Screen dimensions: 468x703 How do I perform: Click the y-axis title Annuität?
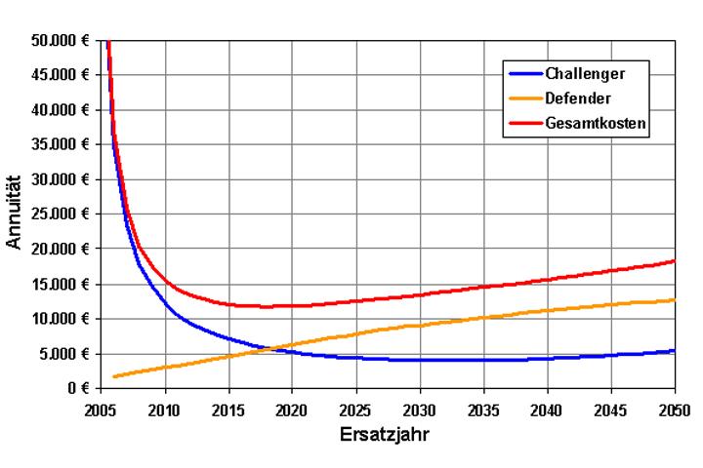click(x=17, y=214)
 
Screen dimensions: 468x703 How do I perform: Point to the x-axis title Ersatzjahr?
click(x=389, y=430)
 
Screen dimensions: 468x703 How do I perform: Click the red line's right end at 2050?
click(x=674, y=260)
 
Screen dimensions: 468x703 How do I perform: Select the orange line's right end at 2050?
click(x=674, y=299)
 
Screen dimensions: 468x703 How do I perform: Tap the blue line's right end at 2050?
click(x=674, y=350)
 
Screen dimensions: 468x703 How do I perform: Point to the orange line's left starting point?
click(x=114, y=376)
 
